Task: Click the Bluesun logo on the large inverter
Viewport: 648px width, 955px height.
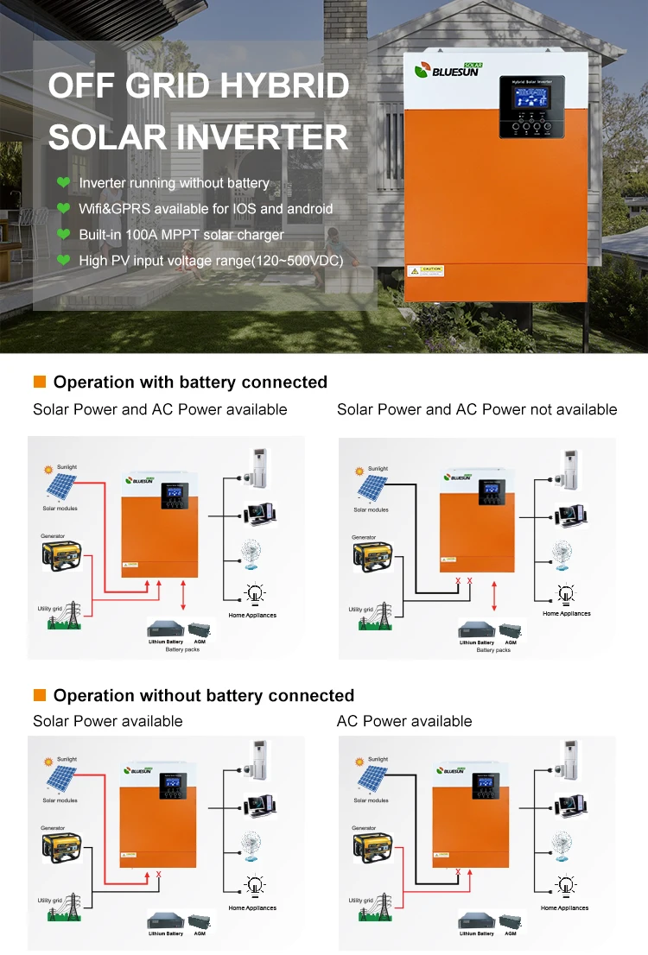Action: pyautogui.click(x=448, y=70)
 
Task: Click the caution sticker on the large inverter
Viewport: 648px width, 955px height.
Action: pyautogui.click(x=425, y=270)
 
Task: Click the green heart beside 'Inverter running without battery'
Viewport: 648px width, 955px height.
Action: pyautogui.click(x=62, y=183)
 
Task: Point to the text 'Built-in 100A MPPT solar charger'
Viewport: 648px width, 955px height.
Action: pyautogui.click(x=181, y=234)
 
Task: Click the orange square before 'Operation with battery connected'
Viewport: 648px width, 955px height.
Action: pyautogui.click(x=39, y=382)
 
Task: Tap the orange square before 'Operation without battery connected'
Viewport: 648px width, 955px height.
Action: pyautogui.click(x=39, y=695)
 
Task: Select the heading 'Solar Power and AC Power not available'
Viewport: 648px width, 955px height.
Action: pyautogui.click(x=477, y=409)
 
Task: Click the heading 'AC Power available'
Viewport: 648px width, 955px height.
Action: pyautogui.click(x=404, y=721)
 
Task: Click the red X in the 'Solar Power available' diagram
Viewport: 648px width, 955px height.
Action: pyautogui.click(x=159, y=875)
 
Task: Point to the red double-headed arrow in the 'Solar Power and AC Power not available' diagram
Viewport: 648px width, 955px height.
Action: pyautogui.click(x=493, y=596)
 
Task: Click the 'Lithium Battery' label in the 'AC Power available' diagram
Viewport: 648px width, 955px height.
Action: pyautogui.click(x=476, y=933)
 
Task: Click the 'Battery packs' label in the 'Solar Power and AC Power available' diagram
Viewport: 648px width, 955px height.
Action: pyautogui.click(x=181, y=649)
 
